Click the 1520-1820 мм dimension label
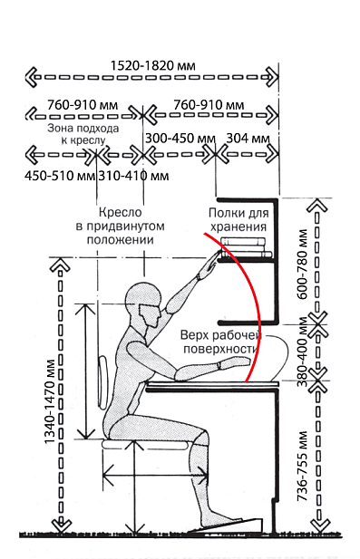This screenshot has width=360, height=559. coord(152,65)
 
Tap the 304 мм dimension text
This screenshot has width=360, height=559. coord(248,139)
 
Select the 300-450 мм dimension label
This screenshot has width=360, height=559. coord(180,139)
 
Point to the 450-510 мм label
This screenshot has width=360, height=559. coord(60,176)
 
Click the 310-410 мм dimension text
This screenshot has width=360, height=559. coord(133,176)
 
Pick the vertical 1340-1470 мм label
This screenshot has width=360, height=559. coord(50,401)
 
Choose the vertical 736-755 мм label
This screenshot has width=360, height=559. coord(302,466)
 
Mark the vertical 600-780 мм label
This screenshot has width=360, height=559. coord(302,264)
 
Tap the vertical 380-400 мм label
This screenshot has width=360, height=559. coord(302,352)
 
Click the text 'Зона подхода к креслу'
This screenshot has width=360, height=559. coord(83,134)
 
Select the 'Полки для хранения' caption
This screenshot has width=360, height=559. coord(238,220)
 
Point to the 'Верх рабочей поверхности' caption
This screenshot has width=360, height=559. coord(221,342)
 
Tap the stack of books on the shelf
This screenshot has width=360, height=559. coord(246,247)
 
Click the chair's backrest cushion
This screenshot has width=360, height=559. coord(102,382)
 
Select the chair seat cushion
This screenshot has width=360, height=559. coord(145,444)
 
